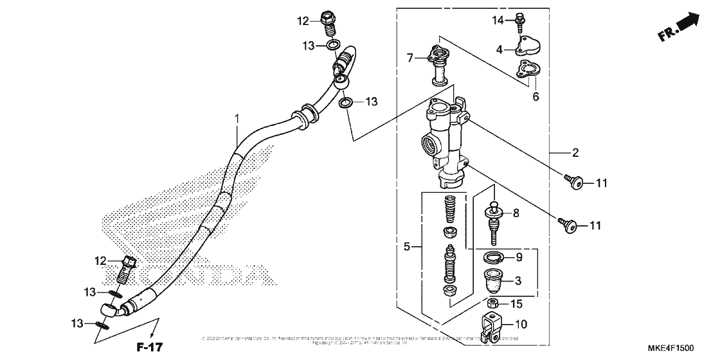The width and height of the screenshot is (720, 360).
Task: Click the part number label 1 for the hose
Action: pyautogui.click(x=237, y=119)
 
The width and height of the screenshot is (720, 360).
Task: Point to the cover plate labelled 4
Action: pyautogui.click(x=531, y=46)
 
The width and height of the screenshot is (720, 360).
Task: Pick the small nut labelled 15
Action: pyautogui.click(x=493, y=303)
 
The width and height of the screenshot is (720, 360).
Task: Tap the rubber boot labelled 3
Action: pyautogui.click(x=493, y=280)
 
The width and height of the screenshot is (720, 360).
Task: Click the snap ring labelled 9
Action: pyautogui.click(x=493, y=258)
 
